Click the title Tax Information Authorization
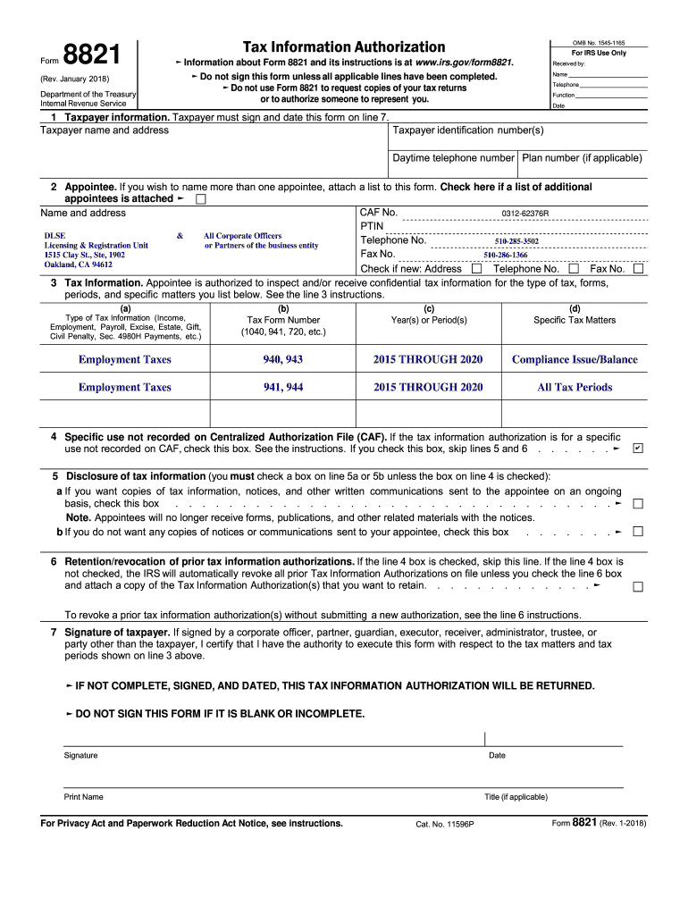click(344, 46)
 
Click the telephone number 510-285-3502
click(516, 241)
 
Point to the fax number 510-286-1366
click(506, 255)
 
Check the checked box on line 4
click(637, 448)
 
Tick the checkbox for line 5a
click(638, 504)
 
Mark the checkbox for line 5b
click(638, 532)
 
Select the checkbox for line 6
click(638, 586)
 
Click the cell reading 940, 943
click(283, 359)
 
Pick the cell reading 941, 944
click(283, 387)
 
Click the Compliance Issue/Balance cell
click(575, 359)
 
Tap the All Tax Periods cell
click(575, 387)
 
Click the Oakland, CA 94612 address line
click(79, 264)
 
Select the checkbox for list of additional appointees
click(200, 199)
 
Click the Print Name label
click(84, 797)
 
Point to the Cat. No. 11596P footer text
click(445, 824)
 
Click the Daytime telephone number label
click(454, 158)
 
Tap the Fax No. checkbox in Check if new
click(638, 268)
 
